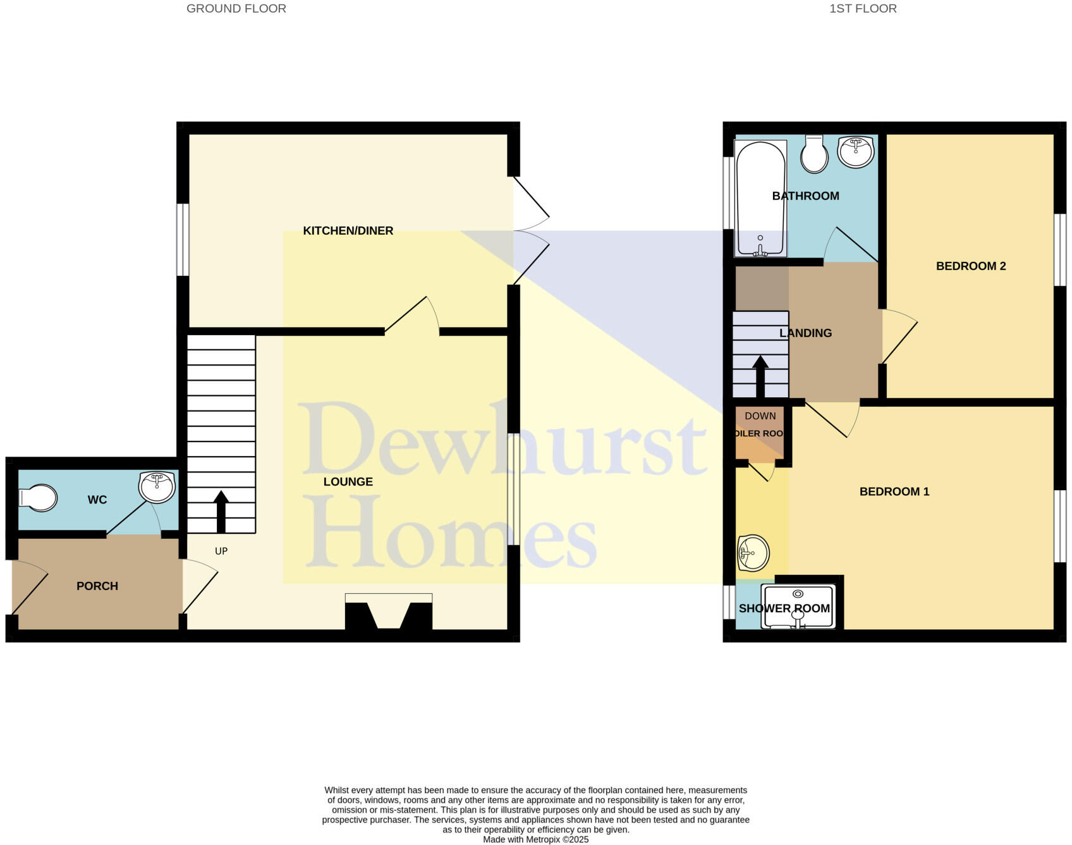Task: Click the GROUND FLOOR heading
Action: pyautogui.click(x=236, y=9)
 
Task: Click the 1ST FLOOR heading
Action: pyautogui.click(x=863, y=9)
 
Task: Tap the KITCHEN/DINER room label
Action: pyautogui.click(x=348, y=231)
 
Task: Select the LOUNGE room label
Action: pyautogui.click(x=348, y=482)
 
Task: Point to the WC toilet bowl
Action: pyautogui.click(x=38, y=498)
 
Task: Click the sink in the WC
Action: pyautogui.click(x=157, y=487)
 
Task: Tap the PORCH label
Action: pyautogui.click(x=97, y=586)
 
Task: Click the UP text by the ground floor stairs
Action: pyautogui.click(x=221, y=552)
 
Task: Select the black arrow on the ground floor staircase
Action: pyautogui.click(x=221, y=511)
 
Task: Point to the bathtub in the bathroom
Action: pyautogui.click(x=760, y=197)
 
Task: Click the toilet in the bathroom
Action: pyautogui.click(x=814, y=155)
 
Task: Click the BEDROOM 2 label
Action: pyautogui.click(x=971, y=266)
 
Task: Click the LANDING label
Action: pyautogui.click(x=805, y=333)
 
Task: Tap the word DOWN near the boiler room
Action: pyautogui.click(x=760, y=416)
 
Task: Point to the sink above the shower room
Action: pyautogui.click(x=753, y=552)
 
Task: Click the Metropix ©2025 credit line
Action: pyautogui.click(x=535, y=840)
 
